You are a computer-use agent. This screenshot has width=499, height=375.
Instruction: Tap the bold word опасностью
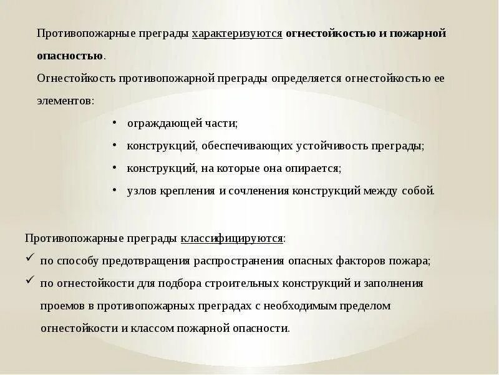point(70,56)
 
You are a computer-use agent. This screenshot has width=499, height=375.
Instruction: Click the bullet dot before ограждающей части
point(115,123)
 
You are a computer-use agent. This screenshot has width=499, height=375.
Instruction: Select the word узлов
point(141,191)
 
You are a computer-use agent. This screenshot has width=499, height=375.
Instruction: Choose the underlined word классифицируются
point(232,239)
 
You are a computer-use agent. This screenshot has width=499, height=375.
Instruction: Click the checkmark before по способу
point(30,259)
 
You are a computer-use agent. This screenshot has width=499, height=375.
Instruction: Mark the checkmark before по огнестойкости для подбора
point(30,282)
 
